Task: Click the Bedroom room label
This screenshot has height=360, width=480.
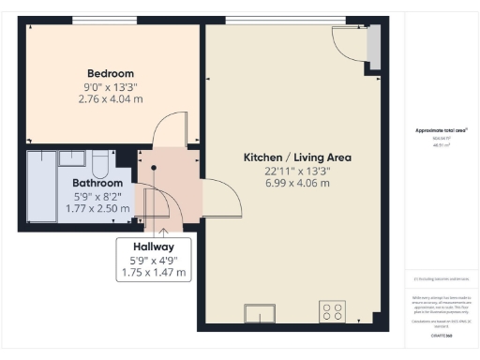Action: [111, 73]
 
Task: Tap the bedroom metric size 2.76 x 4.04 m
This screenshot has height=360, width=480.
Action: [111, 97]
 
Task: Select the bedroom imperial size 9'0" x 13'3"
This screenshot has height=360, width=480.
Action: [111, 85]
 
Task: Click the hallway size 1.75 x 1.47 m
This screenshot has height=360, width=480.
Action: [154, 273]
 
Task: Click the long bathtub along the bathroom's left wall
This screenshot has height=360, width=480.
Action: [40, 187]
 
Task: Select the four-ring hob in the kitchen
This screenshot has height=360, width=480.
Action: [331, 311]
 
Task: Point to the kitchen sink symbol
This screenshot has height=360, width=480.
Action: [259, 314]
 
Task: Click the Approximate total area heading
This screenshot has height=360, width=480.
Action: [441, 130]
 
